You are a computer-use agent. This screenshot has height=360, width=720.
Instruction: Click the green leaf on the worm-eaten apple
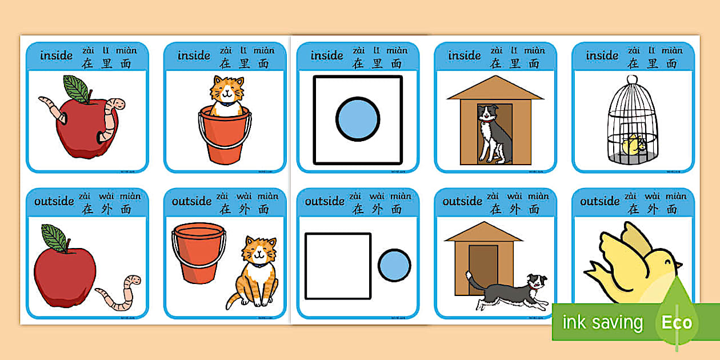75,89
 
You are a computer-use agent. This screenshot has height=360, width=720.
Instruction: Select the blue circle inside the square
358,119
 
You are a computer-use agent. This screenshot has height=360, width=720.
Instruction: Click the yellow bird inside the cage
633,146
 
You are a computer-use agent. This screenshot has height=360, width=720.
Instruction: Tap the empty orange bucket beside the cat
198,252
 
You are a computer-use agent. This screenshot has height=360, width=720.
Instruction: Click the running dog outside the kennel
506,291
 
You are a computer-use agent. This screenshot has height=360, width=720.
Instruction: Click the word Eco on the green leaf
677,322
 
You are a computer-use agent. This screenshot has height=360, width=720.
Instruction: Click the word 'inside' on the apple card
57,55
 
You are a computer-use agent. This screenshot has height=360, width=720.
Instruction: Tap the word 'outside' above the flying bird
599,201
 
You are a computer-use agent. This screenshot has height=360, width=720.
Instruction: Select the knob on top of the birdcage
632,79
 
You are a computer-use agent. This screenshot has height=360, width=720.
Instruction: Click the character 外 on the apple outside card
106,209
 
